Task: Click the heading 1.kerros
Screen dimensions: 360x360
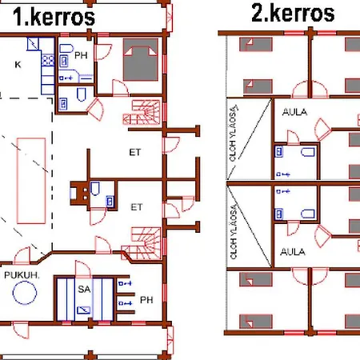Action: [54, 17]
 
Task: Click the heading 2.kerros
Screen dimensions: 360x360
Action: [293, 14]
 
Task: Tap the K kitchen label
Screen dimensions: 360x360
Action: [18, 65]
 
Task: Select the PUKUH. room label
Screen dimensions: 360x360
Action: [22, 275]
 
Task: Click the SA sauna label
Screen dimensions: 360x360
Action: [84, 289]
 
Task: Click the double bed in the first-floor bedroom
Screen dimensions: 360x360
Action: [141, 59]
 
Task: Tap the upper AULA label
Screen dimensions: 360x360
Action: [294, 112]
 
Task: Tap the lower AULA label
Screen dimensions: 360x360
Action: [293, 252]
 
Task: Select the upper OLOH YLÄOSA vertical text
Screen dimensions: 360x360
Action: [233, 134]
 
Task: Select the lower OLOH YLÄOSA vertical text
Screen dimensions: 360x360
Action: [234, 231]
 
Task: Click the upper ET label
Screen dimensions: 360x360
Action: [135, 152]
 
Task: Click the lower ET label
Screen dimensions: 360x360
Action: [137, 207]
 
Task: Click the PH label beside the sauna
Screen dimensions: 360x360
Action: [146, 300]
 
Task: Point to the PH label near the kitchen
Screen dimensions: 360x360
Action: [81, 55]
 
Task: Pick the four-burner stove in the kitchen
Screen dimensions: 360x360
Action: [48, 60]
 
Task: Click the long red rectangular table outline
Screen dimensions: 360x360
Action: [31, 181]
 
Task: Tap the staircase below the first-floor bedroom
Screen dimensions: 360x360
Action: [142, 112]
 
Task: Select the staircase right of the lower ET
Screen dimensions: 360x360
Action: [142, 243]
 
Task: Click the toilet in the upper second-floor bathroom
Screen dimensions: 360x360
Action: [308, 152]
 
